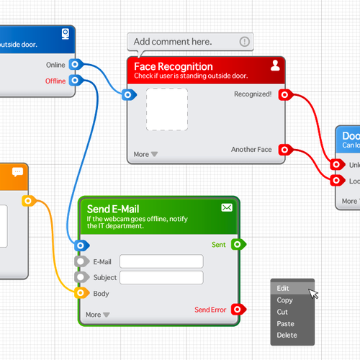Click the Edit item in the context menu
tap(284, 288)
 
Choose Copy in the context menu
tap(284, 300)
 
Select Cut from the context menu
tap(282, 312)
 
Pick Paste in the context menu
tap(285, 324)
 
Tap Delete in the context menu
tap(287, 336)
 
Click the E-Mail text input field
tap(161, 261)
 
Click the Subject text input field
tap(161, 278)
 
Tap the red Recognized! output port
tap(284, 94)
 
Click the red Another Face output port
tap(284, 150)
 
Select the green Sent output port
tap(238, 245)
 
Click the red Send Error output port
tap(238, 310)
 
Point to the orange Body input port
tap(80, 294)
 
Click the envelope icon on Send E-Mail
tap(227, 207)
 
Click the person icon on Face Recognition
tap(275, 66)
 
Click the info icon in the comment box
tap(245, 42)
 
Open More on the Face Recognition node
tap(145, 154)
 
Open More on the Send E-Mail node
tap(97, 315)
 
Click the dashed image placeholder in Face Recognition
tap(166, 109)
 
